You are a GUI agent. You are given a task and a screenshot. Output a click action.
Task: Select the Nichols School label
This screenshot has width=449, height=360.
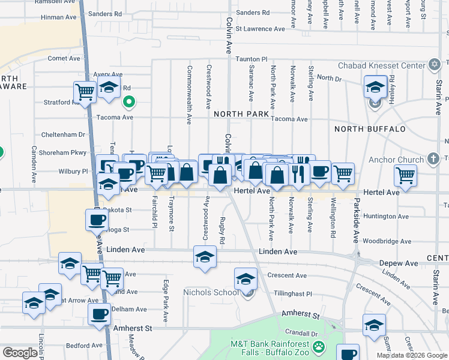(211, 292)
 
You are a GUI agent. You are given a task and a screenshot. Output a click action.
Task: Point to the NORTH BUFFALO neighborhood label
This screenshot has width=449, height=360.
(370, 129)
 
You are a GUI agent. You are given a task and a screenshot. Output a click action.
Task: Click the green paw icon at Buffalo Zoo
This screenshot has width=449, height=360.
(318, 346)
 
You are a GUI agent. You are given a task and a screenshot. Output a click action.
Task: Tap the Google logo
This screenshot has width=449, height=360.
(20, 353)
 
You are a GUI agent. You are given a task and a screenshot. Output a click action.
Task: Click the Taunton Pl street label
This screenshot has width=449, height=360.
(251, 59)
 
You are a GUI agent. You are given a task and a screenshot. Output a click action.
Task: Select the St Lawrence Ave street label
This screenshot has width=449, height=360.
(260, 29)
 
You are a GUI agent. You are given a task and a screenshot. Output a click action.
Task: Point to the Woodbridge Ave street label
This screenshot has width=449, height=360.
(387, 242)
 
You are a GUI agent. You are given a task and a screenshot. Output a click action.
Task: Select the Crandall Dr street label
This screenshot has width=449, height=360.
(301, 332)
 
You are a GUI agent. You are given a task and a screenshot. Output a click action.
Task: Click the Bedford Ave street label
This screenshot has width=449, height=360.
(82, 346)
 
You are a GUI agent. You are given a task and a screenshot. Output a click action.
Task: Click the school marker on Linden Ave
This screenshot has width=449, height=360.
(205, 257)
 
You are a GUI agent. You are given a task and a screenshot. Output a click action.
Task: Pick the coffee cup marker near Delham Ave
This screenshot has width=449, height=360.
(99, 313)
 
